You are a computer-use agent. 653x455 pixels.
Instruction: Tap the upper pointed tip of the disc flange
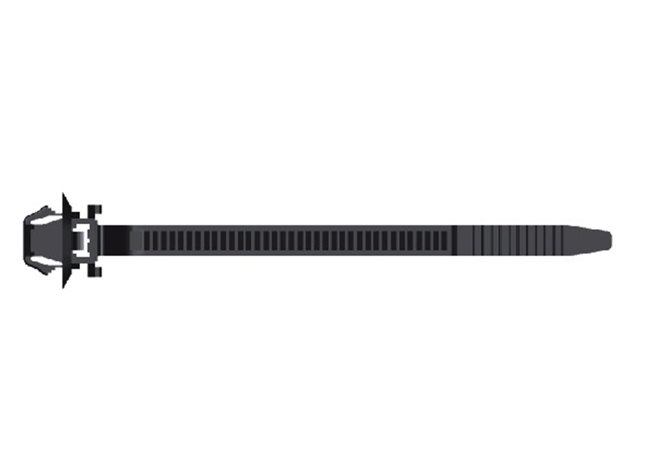coord(64,198)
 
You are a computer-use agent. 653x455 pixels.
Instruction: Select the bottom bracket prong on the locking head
coord(94,270)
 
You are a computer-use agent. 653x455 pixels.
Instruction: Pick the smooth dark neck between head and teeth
coord(120,240)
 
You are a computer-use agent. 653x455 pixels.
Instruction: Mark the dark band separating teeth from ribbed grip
coord(455,240)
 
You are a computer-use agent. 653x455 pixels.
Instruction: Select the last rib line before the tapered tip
coord(563,240)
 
